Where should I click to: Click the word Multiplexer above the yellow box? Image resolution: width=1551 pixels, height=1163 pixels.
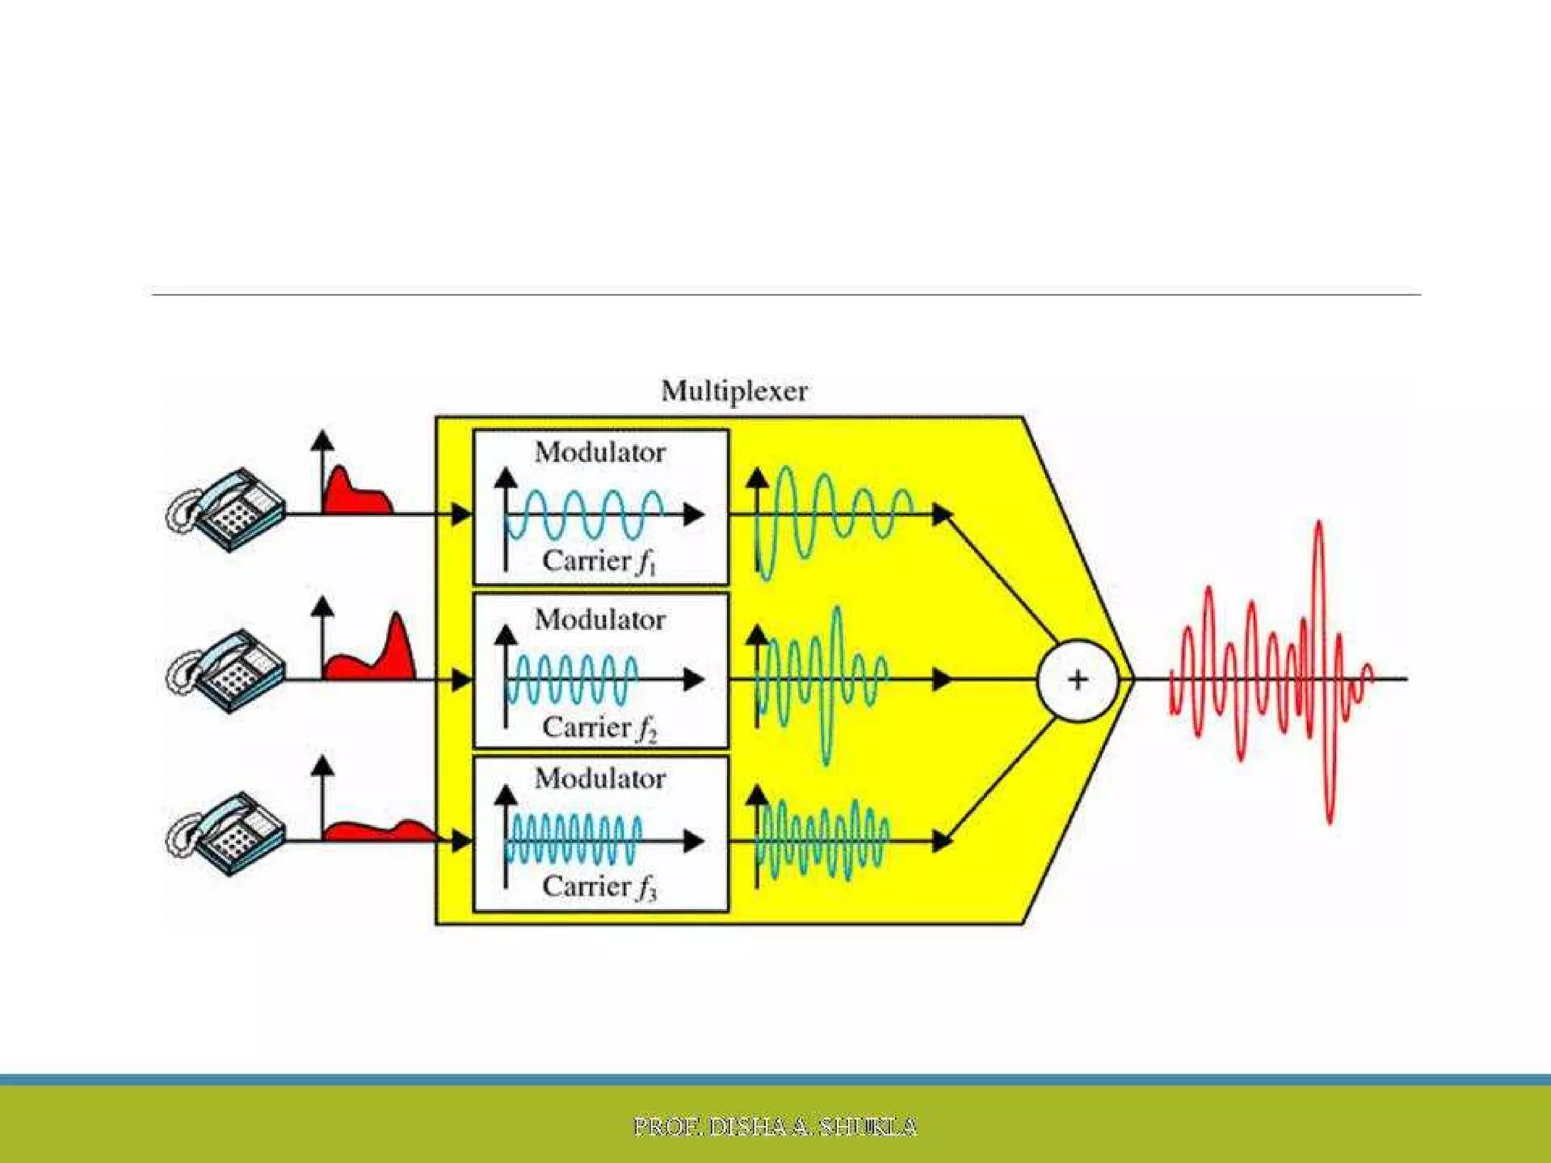tap(734, 391)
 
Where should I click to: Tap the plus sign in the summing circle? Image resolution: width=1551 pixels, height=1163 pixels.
tap(1077, 679)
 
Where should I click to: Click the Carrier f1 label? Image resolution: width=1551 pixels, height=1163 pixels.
tap(598, 561)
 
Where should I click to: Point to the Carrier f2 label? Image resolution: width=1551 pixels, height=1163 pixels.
tap(598, 728)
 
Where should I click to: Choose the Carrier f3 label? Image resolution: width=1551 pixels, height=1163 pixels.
tap(598, 887)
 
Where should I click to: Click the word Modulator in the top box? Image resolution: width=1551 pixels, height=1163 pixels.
tap(600, 453)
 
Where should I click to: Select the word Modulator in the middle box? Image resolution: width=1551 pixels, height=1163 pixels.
tap(600, 620)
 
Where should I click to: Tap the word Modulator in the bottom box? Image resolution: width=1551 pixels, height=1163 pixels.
tap(600, 778)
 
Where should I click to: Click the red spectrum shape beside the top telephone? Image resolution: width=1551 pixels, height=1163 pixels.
tap(353, 496)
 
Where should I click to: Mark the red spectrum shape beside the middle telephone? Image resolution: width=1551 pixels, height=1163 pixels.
tap(379, 659)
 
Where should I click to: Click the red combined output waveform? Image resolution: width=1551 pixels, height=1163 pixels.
tap(1272, 674)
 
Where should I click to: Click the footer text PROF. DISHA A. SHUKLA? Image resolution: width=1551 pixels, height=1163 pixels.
tap(775, 1127)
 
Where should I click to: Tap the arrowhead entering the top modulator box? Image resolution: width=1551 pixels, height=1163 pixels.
tap(461, 515)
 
